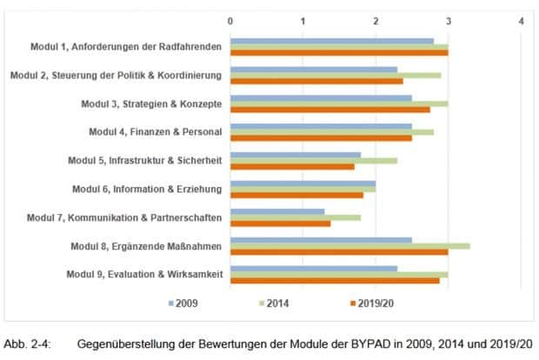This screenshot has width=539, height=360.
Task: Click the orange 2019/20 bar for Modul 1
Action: pyautogui.click(x=339, y=52)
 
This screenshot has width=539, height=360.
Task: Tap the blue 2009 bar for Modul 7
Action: pyautogui.click(x=277, y=211)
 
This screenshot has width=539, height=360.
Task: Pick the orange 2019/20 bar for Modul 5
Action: pyautogui.click(x=292, y=166)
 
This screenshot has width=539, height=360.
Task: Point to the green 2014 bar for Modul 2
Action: pyautogui.click(x=336, y=75)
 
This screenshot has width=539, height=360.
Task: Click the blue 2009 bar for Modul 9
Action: pyautogui.click(x=314, y=269)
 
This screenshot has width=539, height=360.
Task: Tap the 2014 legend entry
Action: pyautogui.click(x=275, y=303)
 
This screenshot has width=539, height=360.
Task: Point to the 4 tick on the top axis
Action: pyautogui.click(x=521, y=20)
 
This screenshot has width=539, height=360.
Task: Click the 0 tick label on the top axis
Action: pyautogui.click(x=230, y=20)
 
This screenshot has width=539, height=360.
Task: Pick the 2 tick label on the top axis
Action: pyautogui.click(x=376, y=20)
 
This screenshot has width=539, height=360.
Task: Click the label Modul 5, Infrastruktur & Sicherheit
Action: pyautogui.click(x=145, y=160)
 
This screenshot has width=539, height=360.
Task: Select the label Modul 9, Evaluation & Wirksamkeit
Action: pyautogui.click(x=144, y=275)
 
